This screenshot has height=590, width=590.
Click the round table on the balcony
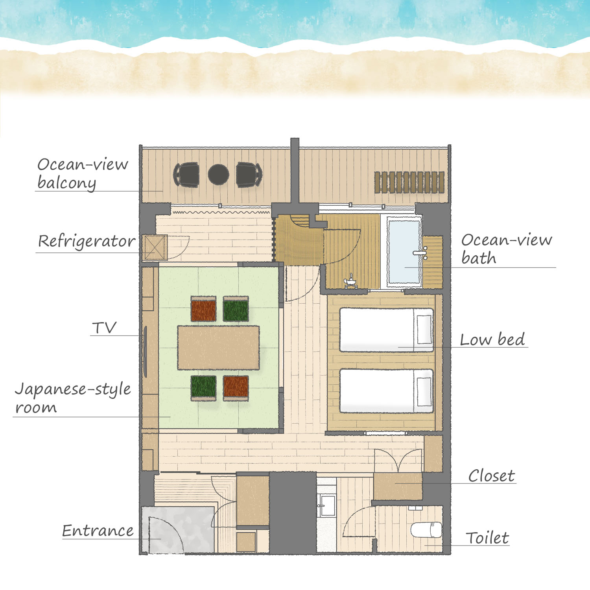tap(218, 174)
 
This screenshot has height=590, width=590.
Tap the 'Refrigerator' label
tap(87, 241)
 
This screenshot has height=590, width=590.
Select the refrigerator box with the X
tap(155, 247)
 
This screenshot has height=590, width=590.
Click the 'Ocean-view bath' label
tap(507, 249)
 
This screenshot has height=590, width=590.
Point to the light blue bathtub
tap(404, 252)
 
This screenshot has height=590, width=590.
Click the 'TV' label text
tap(104, 327)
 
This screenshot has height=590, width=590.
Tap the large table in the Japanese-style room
tap(218, 348)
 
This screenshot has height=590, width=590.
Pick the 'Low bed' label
tap(492, 339)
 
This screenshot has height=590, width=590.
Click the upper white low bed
tap(386, 330)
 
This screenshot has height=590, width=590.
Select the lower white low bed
tap(386, 391)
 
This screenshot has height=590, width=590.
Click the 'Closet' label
tap(492, 476)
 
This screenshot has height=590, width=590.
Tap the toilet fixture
tap(426, 530)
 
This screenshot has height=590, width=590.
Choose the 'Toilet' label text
tap(487, 538)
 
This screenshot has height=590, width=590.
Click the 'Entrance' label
tap(98, 531)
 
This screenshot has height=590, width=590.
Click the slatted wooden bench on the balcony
tap(409, 182)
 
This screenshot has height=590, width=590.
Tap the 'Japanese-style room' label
tap(73, 398)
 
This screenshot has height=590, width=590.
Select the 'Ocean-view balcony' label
tap(83, 173)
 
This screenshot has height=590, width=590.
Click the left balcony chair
tap(186, 174)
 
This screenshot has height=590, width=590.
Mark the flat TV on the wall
tap(144, 352)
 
